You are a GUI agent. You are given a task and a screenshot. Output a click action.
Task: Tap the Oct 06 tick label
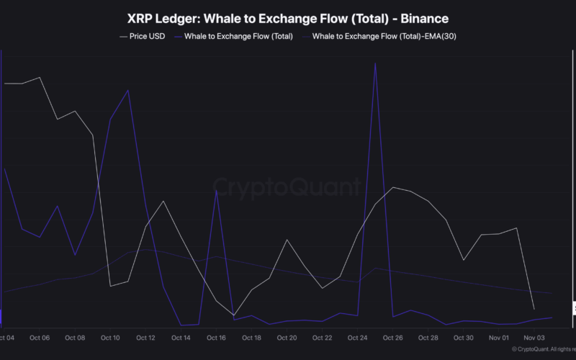[40, 338]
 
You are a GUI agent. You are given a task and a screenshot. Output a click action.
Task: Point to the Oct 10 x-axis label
[110, 338]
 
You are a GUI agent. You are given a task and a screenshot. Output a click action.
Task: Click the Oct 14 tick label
[181, 338]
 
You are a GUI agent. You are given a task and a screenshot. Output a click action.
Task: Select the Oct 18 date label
[251, 338]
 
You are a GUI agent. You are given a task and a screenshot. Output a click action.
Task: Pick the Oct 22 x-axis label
[322, 338]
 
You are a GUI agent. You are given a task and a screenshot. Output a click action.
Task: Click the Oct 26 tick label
[392, 338]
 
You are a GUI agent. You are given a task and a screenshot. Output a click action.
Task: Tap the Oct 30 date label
[463, 338]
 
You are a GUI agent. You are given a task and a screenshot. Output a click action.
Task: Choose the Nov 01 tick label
[499, 338]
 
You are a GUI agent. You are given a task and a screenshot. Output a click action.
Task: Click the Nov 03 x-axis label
[534, 338]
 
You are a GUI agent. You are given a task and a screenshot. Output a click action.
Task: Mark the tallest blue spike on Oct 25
[375, 63]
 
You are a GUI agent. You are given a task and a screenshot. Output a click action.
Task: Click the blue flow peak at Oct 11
[128, 91]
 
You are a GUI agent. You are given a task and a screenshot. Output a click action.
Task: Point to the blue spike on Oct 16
[216, 190]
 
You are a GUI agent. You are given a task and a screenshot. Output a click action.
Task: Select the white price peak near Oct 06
[40, 78]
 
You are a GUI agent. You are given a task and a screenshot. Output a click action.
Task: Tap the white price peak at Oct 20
[287, 240]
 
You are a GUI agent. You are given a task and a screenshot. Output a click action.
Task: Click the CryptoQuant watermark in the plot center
[287, 188]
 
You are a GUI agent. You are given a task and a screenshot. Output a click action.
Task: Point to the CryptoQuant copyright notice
[541, 349]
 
